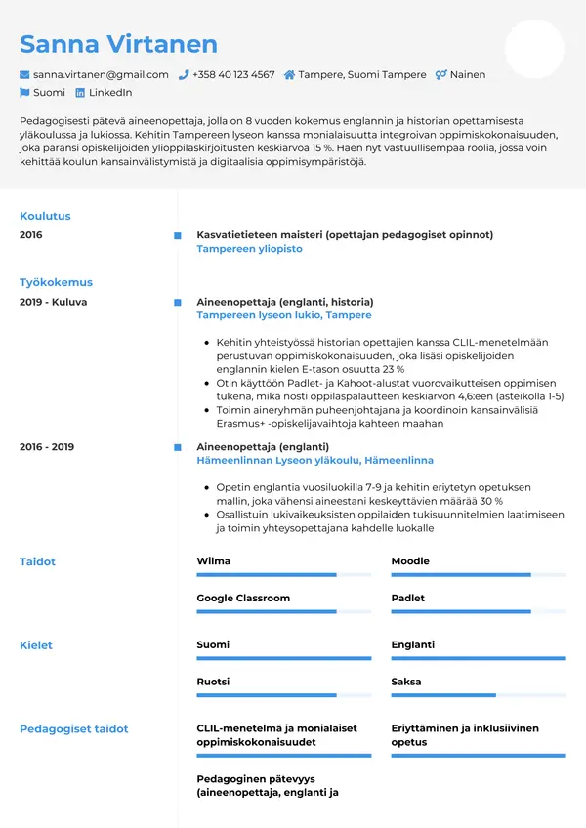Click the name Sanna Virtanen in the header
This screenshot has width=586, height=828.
(x=118, y=44)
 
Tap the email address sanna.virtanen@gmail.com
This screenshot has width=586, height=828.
(x=101, y=74)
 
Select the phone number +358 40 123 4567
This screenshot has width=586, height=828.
(x=233, y=74)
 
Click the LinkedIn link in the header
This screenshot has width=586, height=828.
(x=110, y=93)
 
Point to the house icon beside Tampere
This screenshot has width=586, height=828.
(x=289, y=74)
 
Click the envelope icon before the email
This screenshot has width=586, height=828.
(x=24, y=74)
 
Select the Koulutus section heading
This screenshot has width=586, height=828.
(x=45, y=216)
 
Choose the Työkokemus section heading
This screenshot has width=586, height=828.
(x=56, y=282)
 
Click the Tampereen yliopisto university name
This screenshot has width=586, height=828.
(x=249, y=249)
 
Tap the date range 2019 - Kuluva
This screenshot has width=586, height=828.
(x=53, y=302)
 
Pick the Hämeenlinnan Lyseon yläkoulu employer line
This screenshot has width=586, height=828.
(x=314, y=460)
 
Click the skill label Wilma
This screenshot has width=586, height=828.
(x=214, y=561)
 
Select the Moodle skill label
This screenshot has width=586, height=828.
(x=410, y=561)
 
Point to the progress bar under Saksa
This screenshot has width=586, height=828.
(x=478, y=695)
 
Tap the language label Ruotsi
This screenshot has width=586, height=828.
(x=213, y=682)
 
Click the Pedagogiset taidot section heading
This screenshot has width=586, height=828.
(x=74, y=728)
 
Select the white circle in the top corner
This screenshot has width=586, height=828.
(x=534, y=49)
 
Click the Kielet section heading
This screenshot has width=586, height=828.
(x=36, y=645)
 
